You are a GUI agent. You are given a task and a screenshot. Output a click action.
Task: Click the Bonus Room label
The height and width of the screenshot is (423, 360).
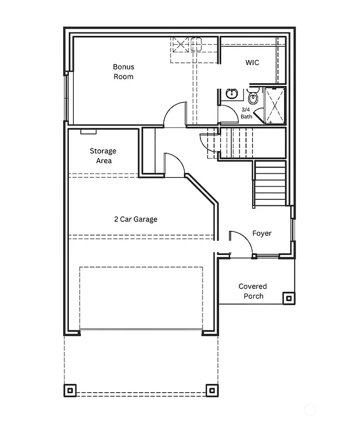tap(123, 72)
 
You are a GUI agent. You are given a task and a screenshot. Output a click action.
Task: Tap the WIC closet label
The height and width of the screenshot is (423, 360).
tap(252, 63)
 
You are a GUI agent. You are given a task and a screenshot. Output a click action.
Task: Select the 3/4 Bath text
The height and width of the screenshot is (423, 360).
tap(246, 113)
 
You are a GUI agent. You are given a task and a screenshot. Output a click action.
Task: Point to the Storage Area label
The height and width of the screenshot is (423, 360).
tap(103, 156)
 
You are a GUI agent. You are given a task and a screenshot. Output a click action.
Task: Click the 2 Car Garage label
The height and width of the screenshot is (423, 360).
tap(135, 219)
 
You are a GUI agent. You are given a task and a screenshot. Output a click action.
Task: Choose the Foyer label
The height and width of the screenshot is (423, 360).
tap(261, 234)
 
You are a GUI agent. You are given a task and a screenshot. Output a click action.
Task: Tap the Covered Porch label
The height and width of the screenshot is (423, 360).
tap(252, 291)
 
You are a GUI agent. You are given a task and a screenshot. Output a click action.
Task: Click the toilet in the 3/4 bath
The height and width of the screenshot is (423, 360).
tap(253, 98)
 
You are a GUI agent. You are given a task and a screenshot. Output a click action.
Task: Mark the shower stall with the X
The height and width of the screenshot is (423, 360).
tap(275, 105)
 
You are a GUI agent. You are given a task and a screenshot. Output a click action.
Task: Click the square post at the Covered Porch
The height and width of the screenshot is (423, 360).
tap(288, 299)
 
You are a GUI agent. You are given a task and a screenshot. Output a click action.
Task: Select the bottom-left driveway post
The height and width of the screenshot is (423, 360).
tap(70, 390)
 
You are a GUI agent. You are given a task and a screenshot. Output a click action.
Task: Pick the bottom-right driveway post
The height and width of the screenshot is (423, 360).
tap(211, 390)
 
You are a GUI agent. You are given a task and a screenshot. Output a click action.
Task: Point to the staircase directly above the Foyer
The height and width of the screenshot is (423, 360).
tap(270, 184)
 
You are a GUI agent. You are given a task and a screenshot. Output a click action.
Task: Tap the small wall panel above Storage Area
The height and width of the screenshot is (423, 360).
tap(89, 132)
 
